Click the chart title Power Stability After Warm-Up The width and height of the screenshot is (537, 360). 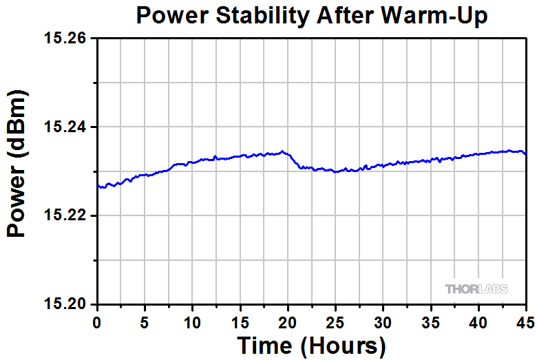pyautogui.click(x=312, y=15)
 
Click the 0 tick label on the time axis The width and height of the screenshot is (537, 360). pyautogui.click(x=97, y=321)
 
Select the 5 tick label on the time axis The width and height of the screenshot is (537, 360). pyautogui.click(x=145, y=321)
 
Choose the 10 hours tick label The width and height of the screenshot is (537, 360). pyautogui.click(x=193, y=321)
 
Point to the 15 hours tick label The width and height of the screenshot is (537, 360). pyautogui.click(x=240, y=321)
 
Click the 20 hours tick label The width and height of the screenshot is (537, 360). pyautogui.click(x=288, y=321)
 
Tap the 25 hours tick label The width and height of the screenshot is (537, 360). pyautogui.click(x=335, y=321)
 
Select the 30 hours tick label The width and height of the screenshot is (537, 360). pyautogui.click(x=383, y=321)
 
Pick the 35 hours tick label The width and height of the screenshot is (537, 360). pyautogui.click(x=431, y=321)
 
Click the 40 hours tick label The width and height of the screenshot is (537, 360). pyautogui.click(x=478, y=321)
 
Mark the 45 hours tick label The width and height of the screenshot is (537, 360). pyautogui.click(x=525, y=321)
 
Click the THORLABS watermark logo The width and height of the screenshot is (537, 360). pyautogui.click(x=476, y=289)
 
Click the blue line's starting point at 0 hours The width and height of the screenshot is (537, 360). pyautogui.click(x=98, y=186)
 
